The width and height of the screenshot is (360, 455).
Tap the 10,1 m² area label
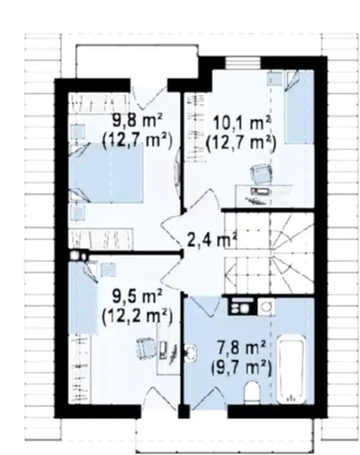click(242, 123)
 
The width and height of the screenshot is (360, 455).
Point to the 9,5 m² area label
click(137, 297)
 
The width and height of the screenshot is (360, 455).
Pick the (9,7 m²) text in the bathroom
click(241, 368)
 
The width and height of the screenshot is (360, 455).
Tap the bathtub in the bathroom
click(292, 369)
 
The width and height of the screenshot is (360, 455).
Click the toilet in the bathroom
click(252, 393)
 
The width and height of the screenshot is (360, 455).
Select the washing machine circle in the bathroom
click(267, 306)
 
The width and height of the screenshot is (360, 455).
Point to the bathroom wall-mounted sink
click(190, 353)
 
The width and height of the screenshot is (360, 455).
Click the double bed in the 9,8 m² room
click(106, 172)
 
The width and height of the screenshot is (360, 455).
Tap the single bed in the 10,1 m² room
click(299, 108)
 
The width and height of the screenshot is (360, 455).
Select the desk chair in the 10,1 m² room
click(261, 173)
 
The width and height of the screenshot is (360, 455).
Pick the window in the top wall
click(243, 63)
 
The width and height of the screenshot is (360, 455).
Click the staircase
click(270, 253)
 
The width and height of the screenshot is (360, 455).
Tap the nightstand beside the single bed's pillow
click(274, 79)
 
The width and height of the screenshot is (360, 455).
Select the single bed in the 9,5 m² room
click(83, 297)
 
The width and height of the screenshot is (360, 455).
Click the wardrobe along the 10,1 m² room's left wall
click(196, 127)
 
